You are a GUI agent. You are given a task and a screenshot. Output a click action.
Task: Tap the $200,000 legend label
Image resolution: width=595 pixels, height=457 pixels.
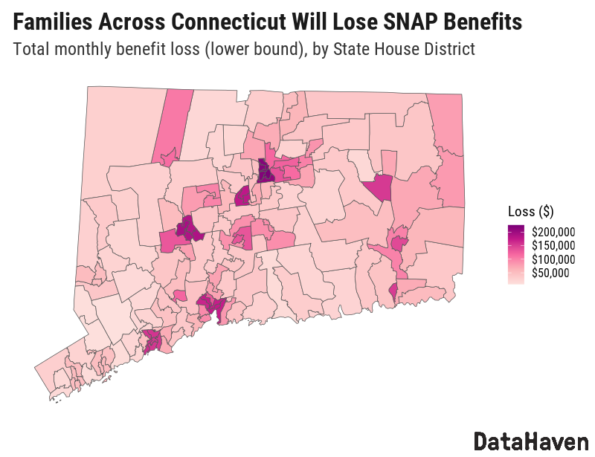click(553, 232)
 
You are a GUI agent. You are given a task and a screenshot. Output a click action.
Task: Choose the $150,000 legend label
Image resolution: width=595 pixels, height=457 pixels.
click(553, 246)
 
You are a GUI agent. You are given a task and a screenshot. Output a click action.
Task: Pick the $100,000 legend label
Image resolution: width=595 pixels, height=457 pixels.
click(553, 259)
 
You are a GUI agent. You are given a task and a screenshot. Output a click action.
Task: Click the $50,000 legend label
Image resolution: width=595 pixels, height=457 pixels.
click(551, 273)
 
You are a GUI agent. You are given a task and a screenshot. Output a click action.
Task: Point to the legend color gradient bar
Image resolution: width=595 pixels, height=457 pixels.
click(515, 253)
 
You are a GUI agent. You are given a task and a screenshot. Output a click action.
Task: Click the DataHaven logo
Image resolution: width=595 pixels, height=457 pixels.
click(531, 440)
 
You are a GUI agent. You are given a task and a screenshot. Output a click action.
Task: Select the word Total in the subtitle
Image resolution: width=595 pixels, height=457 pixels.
click(30, 50)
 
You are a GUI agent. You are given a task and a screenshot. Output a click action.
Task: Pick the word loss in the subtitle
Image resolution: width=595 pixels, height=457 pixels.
click(174, 50)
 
